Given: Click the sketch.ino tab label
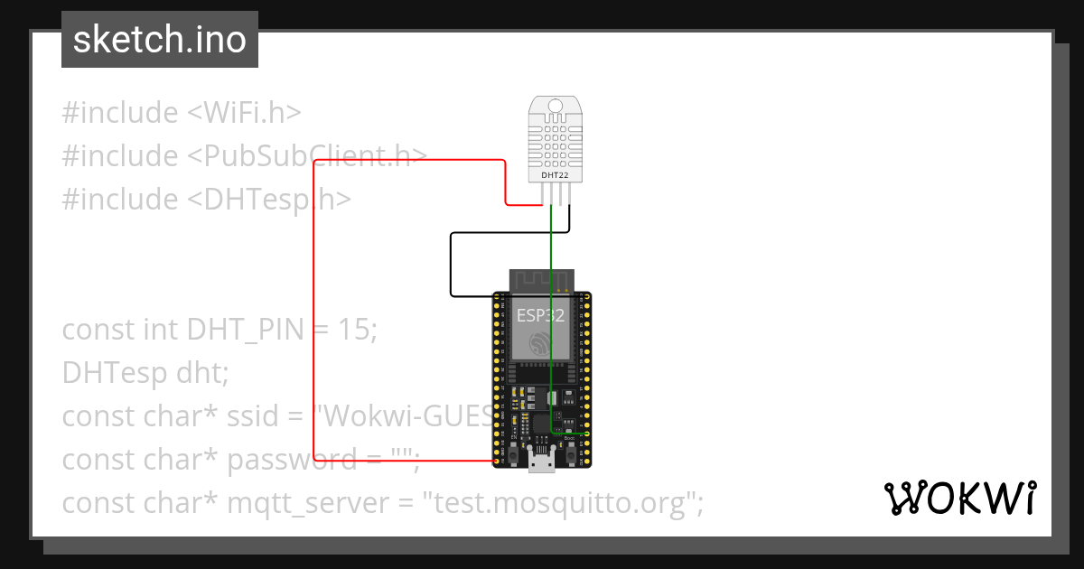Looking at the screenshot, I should coord(159,40).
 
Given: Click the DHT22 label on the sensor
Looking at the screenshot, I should coord(555,175).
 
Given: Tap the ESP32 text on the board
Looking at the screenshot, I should coord(540,315).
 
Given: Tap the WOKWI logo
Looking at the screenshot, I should coord(959,498).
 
